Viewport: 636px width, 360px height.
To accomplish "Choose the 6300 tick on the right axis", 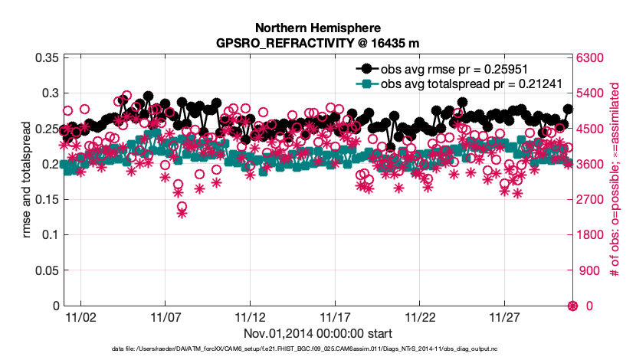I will [x=590, y=58].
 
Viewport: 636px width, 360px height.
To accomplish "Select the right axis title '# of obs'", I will [x=613, y=182].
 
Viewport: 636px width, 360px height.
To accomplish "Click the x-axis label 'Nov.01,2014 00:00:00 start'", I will [x=318, y=333].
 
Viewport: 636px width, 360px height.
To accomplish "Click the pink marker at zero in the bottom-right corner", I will [x=572, y=306].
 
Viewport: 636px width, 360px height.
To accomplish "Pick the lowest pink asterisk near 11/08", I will [x=182, y=214].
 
